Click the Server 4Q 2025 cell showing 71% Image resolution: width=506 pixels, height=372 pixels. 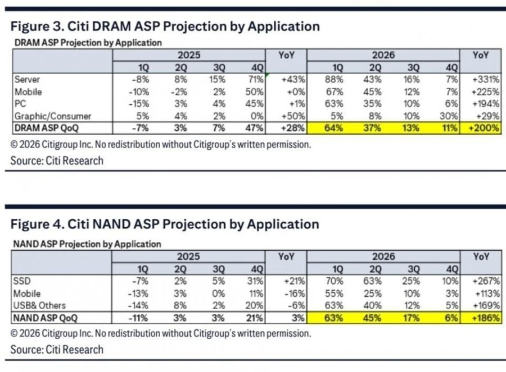click(254, 79)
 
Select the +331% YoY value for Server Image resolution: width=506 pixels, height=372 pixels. click(485, 79)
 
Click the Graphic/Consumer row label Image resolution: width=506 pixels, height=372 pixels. click(53, 116)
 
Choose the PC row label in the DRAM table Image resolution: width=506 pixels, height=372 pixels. click(20, 104)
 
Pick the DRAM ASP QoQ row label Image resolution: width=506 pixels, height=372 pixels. click(47, 128)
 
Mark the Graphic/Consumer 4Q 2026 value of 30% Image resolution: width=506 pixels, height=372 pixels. click(449, 116)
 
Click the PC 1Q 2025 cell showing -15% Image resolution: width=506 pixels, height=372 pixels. click(139, 104)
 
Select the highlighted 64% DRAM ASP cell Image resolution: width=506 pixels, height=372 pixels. click(333, 128)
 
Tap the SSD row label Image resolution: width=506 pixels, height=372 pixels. click(21, 281)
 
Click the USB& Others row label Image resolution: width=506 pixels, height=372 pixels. click(39, 305)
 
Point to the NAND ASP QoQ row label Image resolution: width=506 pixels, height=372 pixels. click(45, 318)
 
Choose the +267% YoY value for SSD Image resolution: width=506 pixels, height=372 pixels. click(486, 281)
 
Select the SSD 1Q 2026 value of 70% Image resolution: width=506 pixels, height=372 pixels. click(335, 281)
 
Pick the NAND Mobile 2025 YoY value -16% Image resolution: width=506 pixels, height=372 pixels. click(294, 293)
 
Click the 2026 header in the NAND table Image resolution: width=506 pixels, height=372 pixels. click(383, 256)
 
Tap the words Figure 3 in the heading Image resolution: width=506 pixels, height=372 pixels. click(37, 26)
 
